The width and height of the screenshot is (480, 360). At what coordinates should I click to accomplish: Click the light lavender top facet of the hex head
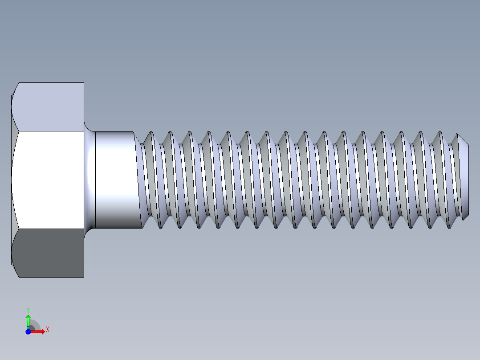tap(49, 107)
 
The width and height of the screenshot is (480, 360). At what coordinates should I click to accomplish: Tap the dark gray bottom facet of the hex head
tap(49, 253)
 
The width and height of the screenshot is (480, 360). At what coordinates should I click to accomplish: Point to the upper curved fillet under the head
tap(89, 127)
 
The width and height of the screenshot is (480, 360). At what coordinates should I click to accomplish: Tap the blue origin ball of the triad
tap(28, 331)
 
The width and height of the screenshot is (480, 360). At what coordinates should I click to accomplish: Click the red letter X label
tap(47, 329)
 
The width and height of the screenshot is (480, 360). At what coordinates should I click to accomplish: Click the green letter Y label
tap(28, 309)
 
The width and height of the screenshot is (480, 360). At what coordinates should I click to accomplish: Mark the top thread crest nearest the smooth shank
tap(151, 132)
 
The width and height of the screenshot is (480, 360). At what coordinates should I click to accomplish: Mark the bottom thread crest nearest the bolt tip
tap(448, 227)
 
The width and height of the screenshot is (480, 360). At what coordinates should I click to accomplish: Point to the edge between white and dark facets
tap(49, 229)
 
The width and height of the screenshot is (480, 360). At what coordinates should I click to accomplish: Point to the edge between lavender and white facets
tap(49, 131)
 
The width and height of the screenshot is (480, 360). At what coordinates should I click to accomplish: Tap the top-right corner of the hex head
tap(83, 83)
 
